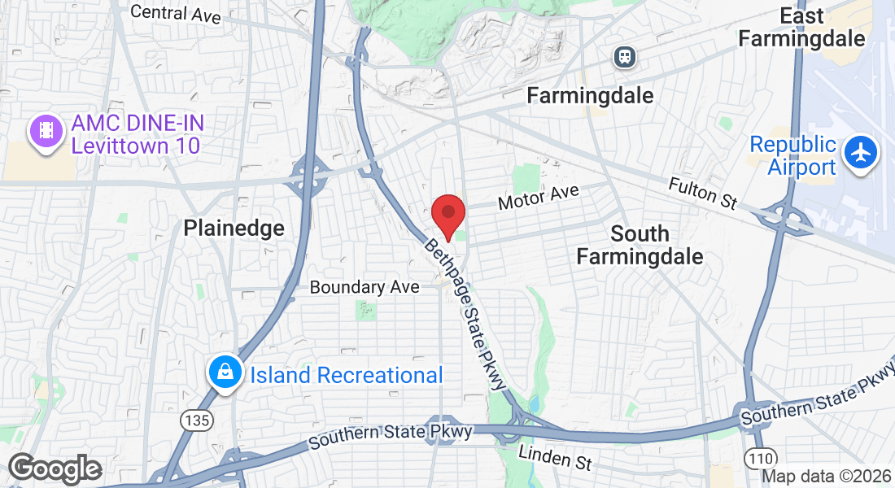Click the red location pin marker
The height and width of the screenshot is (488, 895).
pyautogui.click(x=447, y=215)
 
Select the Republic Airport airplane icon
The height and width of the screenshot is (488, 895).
pyautogui.click(x=861, y=152)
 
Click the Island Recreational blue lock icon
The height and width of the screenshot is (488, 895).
pyautogui.click(x=224, y=373)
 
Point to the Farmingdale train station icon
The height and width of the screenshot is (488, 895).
pyautogui.click(x=625, y=56)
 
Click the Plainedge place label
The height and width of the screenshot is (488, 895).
pyautogui.click(x=234, y=228)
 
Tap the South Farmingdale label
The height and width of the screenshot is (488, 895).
pyautogui.click(x=640, y=245)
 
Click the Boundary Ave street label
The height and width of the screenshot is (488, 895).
pyautogui.click(x=365, y=287)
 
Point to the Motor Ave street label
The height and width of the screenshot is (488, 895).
pyautogui.click(x=538, y=196)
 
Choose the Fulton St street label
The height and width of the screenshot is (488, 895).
pyautogui.click(x=703, y=193)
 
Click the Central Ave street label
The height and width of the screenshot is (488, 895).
pyautogui.click(x=176, y=14)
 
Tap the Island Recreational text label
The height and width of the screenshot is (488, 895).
pyautogui.click(x=347, y=375)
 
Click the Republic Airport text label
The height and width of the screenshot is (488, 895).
pyautogui.click(x=792, y=155)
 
